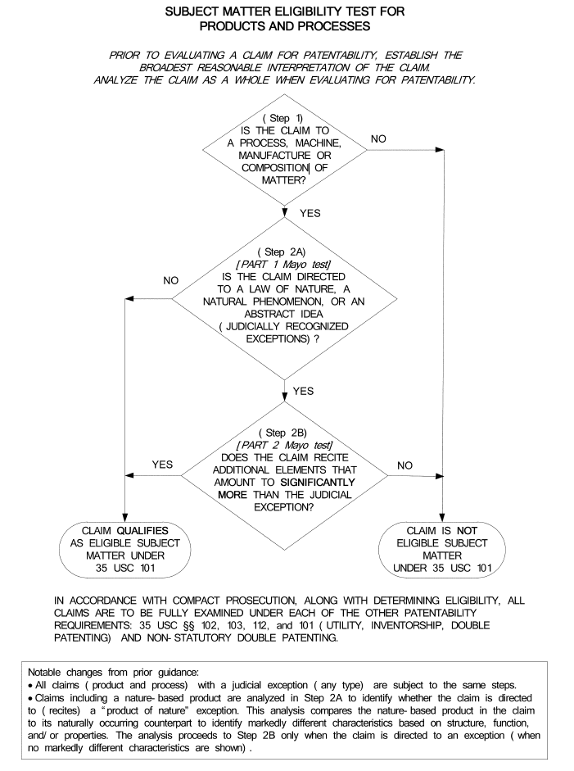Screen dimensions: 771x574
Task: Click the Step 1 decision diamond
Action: [284, 150]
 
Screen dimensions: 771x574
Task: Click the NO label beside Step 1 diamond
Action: [379, 139]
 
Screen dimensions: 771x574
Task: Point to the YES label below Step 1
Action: [310, 213]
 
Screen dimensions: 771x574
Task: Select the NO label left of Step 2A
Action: [170, 280]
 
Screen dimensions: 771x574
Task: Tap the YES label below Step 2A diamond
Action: [303, 391]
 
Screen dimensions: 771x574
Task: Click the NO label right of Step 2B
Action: [405, 465]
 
